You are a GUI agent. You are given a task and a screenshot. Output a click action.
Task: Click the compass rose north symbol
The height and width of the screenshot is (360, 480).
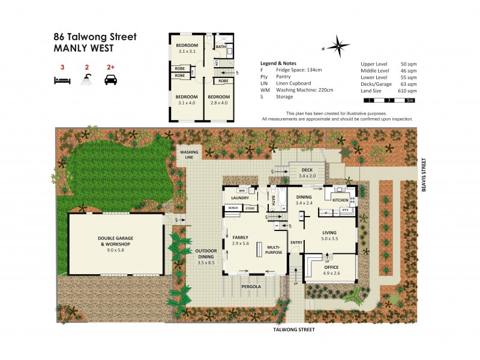point(340,46)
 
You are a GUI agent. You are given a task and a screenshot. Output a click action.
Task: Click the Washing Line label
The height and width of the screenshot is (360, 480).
point(190,154)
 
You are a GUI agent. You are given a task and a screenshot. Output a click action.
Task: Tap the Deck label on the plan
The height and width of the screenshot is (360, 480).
point(308,170)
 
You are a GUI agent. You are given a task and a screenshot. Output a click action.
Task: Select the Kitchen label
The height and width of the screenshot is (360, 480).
point(340,199)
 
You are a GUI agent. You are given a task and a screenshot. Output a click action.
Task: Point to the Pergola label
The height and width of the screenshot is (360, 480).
point(251,287)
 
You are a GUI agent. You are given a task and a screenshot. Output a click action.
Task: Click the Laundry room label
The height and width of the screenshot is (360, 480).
point(240,197)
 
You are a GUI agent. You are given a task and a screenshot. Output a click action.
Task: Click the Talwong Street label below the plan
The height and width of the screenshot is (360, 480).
point(293,329)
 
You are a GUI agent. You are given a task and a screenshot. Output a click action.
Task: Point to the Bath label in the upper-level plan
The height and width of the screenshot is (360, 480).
point(221,47)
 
